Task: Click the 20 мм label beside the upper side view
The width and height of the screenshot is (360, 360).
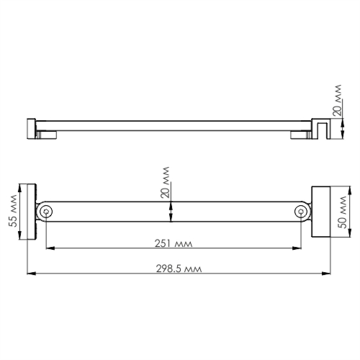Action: click(x=337, y=100)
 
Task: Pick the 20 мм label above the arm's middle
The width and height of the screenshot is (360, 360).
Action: click(x=165, y=183)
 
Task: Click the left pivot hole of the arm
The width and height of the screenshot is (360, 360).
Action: click(x=46, y=212)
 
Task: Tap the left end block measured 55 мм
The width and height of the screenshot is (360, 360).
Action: click(x=32, y=212)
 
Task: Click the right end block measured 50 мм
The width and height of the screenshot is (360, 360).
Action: click(x=321, y=212)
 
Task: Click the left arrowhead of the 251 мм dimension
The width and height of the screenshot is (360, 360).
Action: click(x=50, y=248)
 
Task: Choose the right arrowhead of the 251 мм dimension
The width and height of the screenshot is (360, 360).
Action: click(x=297, y=248)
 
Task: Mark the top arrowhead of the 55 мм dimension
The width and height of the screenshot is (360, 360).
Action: click(x=21, y=187)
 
